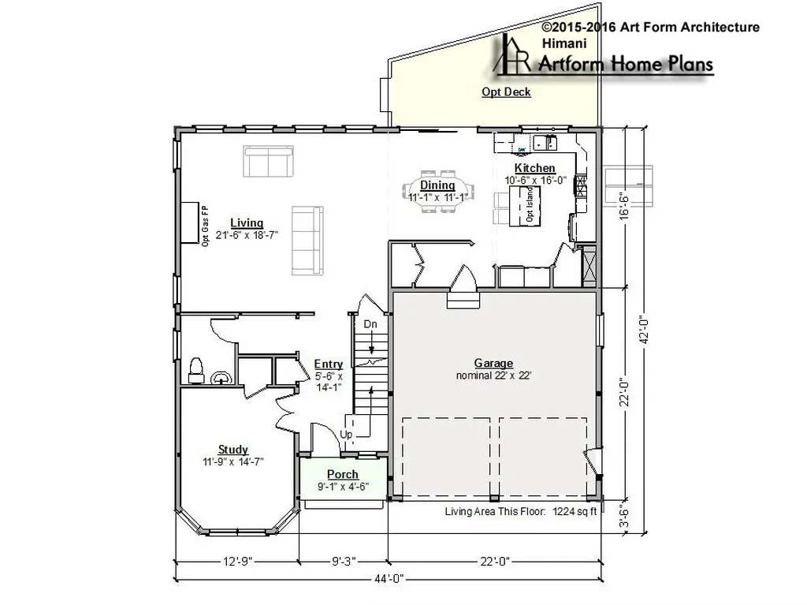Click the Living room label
tap(247, 223)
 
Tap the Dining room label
tap(437, 185)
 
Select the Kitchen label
tap(535, 168)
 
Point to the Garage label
tap(493, 364)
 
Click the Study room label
tap(233, 450)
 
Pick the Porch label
tap(343, 474)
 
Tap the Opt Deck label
tap(506, 91)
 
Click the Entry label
tap(329, 364)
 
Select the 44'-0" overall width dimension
tap(389, 579)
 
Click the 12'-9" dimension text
tap(238, 561)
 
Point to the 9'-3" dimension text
tap(344, 561)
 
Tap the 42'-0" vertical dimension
tap(643, 331)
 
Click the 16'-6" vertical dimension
tap(624, 206)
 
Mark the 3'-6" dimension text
tap(624, 515)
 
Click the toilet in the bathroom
tap(196, 370)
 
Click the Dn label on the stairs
tap(370, 324)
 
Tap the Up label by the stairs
tap(346, 435)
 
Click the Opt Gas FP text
tap(206, 226)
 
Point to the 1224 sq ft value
tap(575, 512)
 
